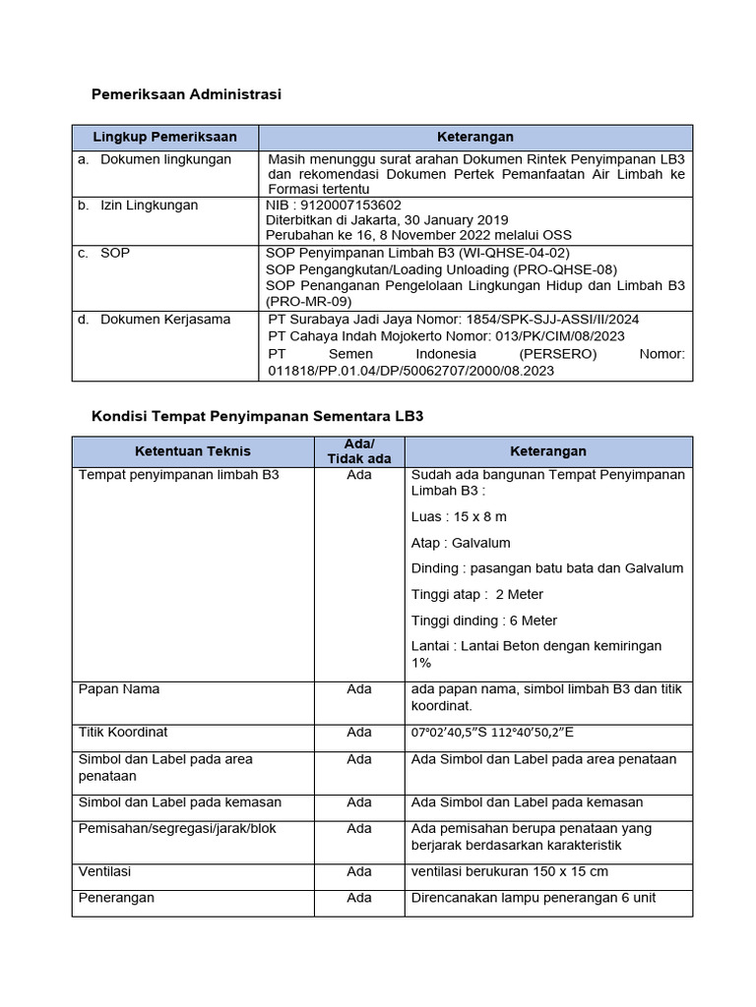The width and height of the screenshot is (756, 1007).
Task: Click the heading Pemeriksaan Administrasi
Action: (186, 94)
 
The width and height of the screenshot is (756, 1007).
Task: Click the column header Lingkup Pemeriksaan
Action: (164, 137)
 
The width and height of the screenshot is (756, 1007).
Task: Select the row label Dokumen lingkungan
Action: (165, 159)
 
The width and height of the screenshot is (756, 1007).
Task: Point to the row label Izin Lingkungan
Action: (149, 206)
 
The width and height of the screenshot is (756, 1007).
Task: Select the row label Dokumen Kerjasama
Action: (165, 320)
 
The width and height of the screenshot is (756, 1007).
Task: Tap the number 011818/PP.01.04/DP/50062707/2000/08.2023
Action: (411, 371)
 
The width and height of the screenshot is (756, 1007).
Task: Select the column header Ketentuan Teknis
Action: (193, 451)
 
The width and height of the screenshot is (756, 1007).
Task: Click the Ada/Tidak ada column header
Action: (359, 451)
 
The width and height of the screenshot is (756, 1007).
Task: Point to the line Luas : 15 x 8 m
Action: (459, 516)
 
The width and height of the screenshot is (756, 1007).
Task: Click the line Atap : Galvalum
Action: (461, 543)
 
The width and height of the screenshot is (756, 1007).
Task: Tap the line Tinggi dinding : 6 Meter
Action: (484, 621)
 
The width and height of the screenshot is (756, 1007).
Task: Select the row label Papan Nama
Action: (118, 689)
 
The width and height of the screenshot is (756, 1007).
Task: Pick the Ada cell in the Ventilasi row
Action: (359, 871)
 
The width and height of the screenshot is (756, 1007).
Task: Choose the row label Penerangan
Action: (116, 898)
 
